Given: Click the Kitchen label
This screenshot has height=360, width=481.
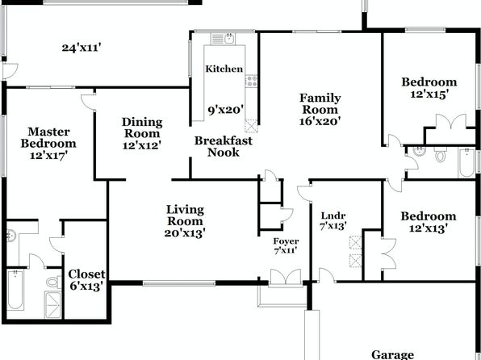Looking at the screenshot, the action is (224, 69).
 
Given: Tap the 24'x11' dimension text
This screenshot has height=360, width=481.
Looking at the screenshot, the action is (82, 48).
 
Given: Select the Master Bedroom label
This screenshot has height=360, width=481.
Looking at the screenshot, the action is (48, 137).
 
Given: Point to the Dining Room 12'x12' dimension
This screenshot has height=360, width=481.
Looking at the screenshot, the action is (142, 145).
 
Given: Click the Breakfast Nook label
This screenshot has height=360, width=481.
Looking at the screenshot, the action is (224, 146).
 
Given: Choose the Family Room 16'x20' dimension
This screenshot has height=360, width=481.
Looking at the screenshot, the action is (320, 121).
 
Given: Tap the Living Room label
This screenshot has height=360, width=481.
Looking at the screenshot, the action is (185, 216).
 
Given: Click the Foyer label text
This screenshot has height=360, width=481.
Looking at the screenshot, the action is (286, 241).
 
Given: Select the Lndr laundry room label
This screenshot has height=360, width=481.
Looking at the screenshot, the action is (333, 216).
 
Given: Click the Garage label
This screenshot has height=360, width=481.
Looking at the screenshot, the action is (392, 354).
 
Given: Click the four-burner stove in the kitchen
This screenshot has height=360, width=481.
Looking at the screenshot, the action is (251, 81).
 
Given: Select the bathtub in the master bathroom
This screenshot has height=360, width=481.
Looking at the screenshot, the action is (15, 290).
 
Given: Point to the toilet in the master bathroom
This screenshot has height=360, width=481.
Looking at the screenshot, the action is (53, 282).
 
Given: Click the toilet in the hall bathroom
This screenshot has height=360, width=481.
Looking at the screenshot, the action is (440, 154).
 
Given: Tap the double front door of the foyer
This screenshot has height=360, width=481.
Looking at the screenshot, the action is (286, 278).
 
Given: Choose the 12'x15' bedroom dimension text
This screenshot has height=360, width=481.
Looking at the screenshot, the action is (429, 94).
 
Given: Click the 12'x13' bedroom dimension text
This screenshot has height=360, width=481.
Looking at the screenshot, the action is (429, 228).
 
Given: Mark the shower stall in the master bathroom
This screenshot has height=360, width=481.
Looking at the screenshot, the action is (53, 305).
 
